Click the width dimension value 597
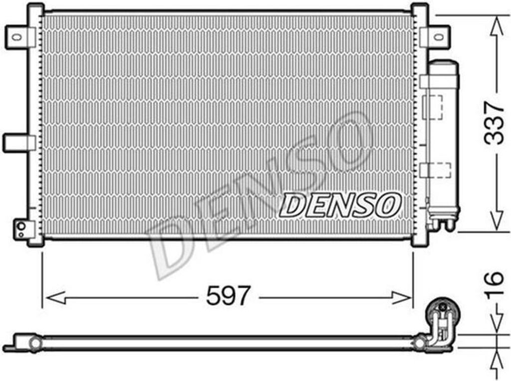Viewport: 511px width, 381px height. click(x=229, y=295)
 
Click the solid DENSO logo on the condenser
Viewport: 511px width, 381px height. click(x=340, y=205)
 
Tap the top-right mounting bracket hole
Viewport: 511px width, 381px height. click(x=439, y=36)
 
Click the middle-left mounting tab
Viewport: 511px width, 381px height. click(x=19, y=143)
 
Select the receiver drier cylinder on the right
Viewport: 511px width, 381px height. click(x=444, y=143)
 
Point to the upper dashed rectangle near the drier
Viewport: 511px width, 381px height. click(x=433, y=107)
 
